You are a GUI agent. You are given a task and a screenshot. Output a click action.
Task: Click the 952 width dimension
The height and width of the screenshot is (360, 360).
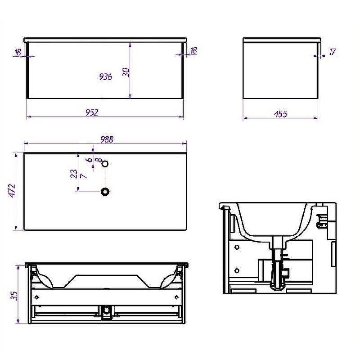click(x=92, y=112)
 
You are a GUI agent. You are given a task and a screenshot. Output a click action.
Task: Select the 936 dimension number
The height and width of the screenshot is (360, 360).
click(x=106, y=76)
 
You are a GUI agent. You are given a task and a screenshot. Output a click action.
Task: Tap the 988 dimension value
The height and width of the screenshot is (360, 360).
click(x=107, y=139)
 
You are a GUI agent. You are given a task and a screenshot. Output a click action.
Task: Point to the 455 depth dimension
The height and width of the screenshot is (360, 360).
click(x=280, y=114)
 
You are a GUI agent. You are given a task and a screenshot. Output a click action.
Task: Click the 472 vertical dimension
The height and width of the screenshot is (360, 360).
click(x=12, y=190)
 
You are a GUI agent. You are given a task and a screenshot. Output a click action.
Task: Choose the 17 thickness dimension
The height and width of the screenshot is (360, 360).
click(x=333, y=52)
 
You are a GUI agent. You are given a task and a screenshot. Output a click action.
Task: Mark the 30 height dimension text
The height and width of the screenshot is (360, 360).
click(x=126, y=72)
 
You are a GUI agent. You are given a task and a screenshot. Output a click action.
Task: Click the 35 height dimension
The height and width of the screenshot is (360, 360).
click(x=14, y=296)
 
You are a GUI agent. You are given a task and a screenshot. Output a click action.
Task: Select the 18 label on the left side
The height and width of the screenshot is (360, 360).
click(x=18, y=52)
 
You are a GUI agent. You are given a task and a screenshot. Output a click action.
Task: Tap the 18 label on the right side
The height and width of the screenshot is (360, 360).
click(x=193, y=50)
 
